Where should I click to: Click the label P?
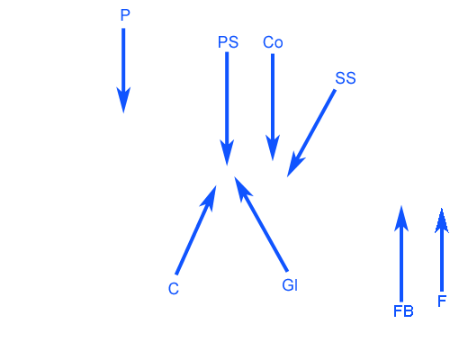(125, 15)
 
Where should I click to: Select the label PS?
(228, 42)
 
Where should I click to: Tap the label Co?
(273, 42)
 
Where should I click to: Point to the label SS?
(346, 78)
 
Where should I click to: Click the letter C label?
(174, 289)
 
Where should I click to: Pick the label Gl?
(290, 285)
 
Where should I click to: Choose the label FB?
(403, 311)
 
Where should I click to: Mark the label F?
(442, 301)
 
